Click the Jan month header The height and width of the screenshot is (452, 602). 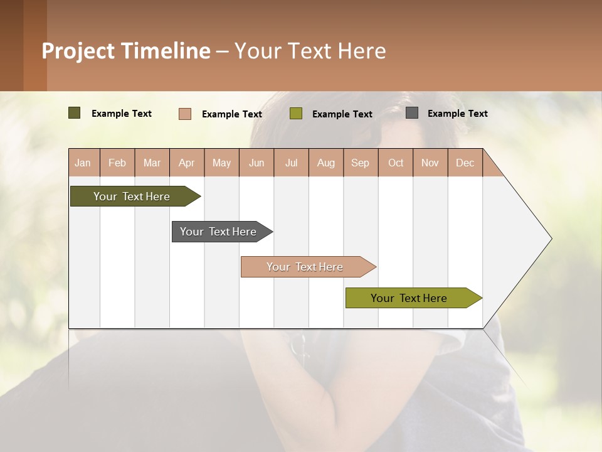tap(83, 163)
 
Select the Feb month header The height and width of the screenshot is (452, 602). tap(117, 163)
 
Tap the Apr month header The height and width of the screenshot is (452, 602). tap(187, 163)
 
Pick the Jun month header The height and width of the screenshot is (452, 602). tap(256, 163)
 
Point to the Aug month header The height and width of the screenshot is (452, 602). tap(326, 163)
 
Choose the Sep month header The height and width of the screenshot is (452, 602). tap(361, 163)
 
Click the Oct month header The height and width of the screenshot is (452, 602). tap(396, 163)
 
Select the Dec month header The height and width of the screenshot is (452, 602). tap(465, 163)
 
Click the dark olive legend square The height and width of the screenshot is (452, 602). tap(74, 113)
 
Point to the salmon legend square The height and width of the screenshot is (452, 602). tap(185, 114)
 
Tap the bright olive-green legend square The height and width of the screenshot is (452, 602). tap(296, 114)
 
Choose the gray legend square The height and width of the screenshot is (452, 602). tap(412, 113)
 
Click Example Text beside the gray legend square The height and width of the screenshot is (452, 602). tap(458, 114)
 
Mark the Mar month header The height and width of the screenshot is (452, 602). tap(152, 163)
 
